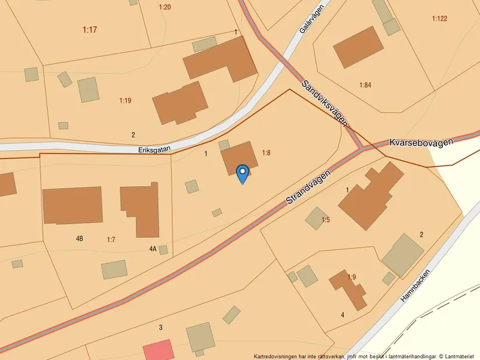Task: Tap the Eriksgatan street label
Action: tap(154, 149)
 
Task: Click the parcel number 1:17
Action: tap(90, 30)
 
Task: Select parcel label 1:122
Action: tap(439, 19)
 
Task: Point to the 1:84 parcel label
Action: tap(365, 85)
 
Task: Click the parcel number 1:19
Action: tap(125, 101)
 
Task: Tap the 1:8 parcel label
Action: tap(266, 153)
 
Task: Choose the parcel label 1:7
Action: tap(112, 239)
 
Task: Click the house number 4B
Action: tap(80, 238)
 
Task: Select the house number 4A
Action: tap(153, 249)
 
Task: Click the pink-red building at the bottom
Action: tap(158, 350)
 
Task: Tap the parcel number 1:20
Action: tap(165, 7)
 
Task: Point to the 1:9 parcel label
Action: tap(351, 277)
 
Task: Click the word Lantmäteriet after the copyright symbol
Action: tap(461, 356)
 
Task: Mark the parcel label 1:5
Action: tap(326, 220)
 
